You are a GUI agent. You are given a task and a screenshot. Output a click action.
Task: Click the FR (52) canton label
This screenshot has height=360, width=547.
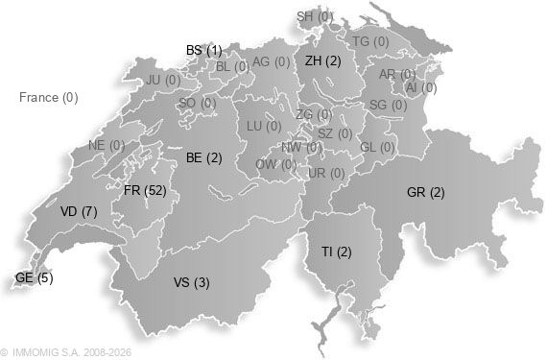coord(145,191)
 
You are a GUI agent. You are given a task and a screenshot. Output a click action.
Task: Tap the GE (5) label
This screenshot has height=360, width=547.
coord(34,278)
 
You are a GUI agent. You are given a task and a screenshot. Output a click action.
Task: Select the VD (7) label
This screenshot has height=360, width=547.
coord(78,211)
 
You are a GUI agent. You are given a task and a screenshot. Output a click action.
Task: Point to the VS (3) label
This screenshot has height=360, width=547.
coord(191,282)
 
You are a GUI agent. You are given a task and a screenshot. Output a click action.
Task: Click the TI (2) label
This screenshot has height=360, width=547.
coord(337,252)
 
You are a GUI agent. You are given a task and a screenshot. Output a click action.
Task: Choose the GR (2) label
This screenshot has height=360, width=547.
coord(425,193)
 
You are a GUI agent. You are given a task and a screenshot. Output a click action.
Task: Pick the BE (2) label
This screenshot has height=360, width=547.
coord(203,157)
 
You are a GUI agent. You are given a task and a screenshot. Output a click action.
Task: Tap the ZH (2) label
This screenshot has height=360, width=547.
coord(322,60)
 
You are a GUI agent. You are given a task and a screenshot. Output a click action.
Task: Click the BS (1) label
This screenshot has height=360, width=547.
coord(203,50)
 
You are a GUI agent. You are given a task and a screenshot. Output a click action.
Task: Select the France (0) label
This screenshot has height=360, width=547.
coord(48,97)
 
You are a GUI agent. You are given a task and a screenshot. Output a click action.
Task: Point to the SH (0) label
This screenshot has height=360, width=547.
coord(315,16)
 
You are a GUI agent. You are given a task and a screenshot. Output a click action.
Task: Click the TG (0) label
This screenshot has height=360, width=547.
coord(370,41)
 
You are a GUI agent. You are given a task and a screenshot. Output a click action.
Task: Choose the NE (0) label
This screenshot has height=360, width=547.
coord(107,145)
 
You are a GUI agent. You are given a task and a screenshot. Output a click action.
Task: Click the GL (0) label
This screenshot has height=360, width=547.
coord(377,148)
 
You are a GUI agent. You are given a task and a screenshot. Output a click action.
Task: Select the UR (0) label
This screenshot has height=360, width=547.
coord(325,173)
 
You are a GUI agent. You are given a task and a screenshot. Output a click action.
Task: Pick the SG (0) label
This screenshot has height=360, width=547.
coord(388,105)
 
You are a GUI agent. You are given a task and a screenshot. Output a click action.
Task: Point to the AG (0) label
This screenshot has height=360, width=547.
coord(270,61)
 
